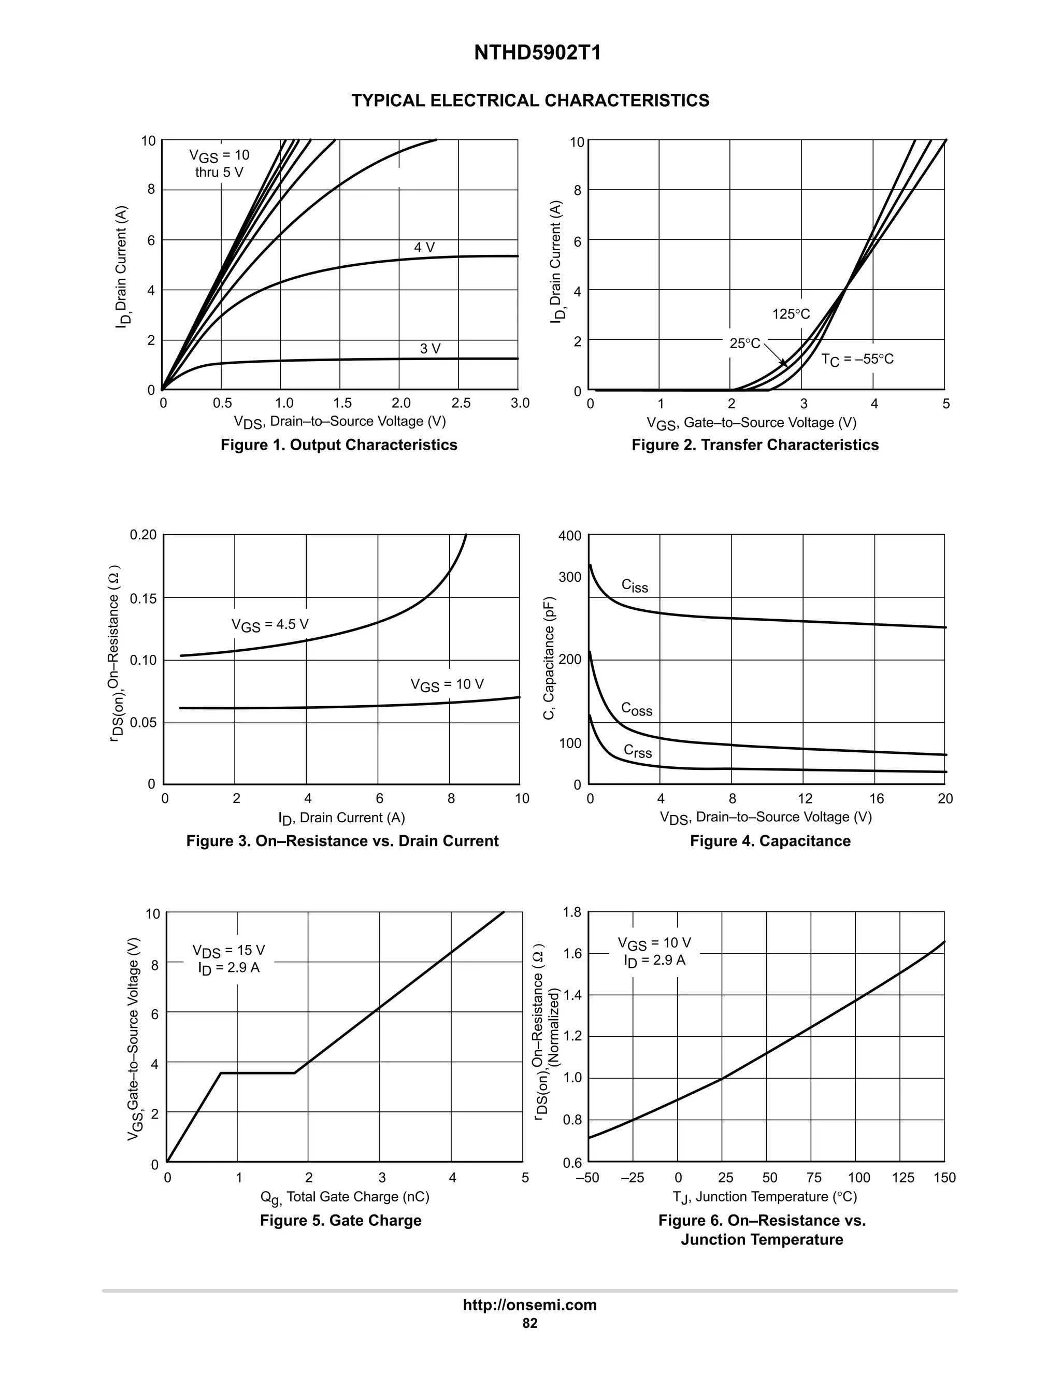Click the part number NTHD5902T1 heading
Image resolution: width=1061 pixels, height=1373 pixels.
click(x=537, y=53)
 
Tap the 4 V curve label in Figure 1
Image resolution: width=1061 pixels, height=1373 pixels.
click(x=424, y=248)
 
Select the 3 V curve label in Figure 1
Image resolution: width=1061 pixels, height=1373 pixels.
click(x=430, y=349)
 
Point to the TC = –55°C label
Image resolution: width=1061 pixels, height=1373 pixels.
click(x=857, y=360)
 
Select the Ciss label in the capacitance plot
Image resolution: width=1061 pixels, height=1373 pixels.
click(x=634, y=585)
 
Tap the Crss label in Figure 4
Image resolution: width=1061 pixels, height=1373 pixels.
click(x=637, y=751)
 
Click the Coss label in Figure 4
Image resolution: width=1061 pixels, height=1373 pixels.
click(x=636, y=709)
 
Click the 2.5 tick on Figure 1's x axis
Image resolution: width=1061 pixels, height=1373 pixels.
click(x=461, y=403)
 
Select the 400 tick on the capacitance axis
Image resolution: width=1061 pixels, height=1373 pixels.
click(x=569, y=536)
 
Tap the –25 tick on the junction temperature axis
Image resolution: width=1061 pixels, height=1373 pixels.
click(x=633, y=1178)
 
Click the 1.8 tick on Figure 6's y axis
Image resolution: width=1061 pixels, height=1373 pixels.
click(x=572, y=912)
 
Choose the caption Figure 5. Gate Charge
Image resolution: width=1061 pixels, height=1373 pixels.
click(x=341, y=1220)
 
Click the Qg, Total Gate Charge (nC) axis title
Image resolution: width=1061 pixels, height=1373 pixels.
click(x=345, y=1197)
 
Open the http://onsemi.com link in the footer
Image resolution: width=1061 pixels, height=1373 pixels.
click(x=530, y=1305)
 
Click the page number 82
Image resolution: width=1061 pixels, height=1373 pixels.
click(x=530, y=1323)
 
